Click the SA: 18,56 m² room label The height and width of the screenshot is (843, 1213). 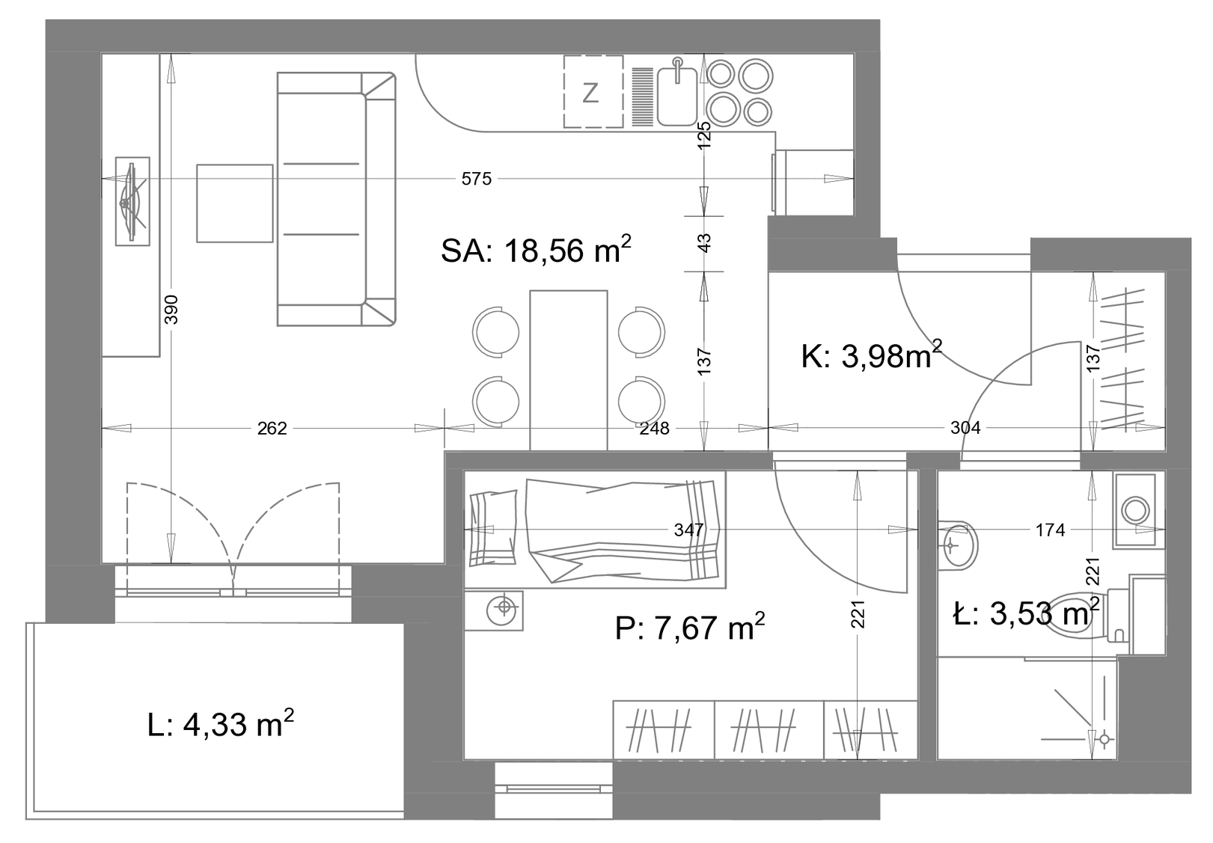tap(536, 250)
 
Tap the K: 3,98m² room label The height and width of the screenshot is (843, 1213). tap(871, 356)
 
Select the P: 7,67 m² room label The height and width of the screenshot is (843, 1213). tap(690, 628)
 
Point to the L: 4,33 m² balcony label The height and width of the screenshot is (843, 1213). tap(221, 724)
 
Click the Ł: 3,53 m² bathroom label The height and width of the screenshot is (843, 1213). tap(1026, 613)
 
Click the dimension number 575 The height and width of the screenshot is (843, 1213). tap(477, 179)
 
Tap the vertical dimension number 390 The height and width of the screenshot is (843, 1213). tap(171, 310)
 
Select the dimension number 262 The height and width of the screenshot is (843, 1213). tap(272, 429)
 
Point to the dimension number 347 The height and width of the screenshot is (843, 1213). tap(688, 530)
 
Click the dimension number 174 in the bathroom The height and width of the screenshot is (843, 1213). tap(1051, 530)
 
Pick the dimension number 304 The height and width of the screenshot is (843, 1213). tap(965, 429)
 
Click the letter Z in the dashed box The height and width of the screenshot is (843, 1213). tap(590, 93)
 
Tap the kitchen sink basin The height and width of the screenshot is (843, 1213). tap(677, 96)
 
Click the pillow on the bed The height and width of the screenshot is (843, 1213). tap(493, 528)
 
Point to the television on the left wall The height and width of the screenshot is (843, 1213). tap(132, 201)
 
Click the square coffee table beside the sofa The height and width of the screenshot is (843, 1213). tap(234, 203)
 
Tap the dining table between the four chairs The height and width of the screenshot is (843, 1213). tap(569, 370)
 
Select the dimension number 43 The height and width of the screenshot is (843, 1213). tap(704, 243)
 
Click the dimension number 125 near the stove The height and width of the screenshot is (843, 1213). tap(704, 135)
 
